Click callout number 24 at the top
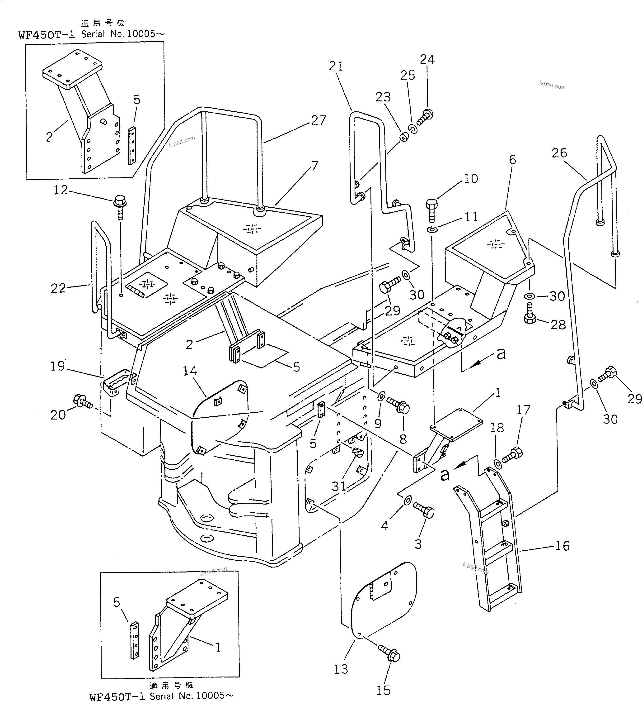(x=427, y=59)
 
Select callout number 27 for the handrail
(x=318, y=120)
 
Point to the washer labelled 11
(x=432, y=230)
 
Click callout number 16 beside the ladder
(x=562, y=546)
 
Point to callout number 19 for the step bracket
(x=58, y=366)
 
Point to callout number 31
(x=339, y=486)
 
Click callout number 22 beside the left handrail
(x=58, y=288)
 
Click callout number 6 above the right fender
(x=512, y=160)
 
